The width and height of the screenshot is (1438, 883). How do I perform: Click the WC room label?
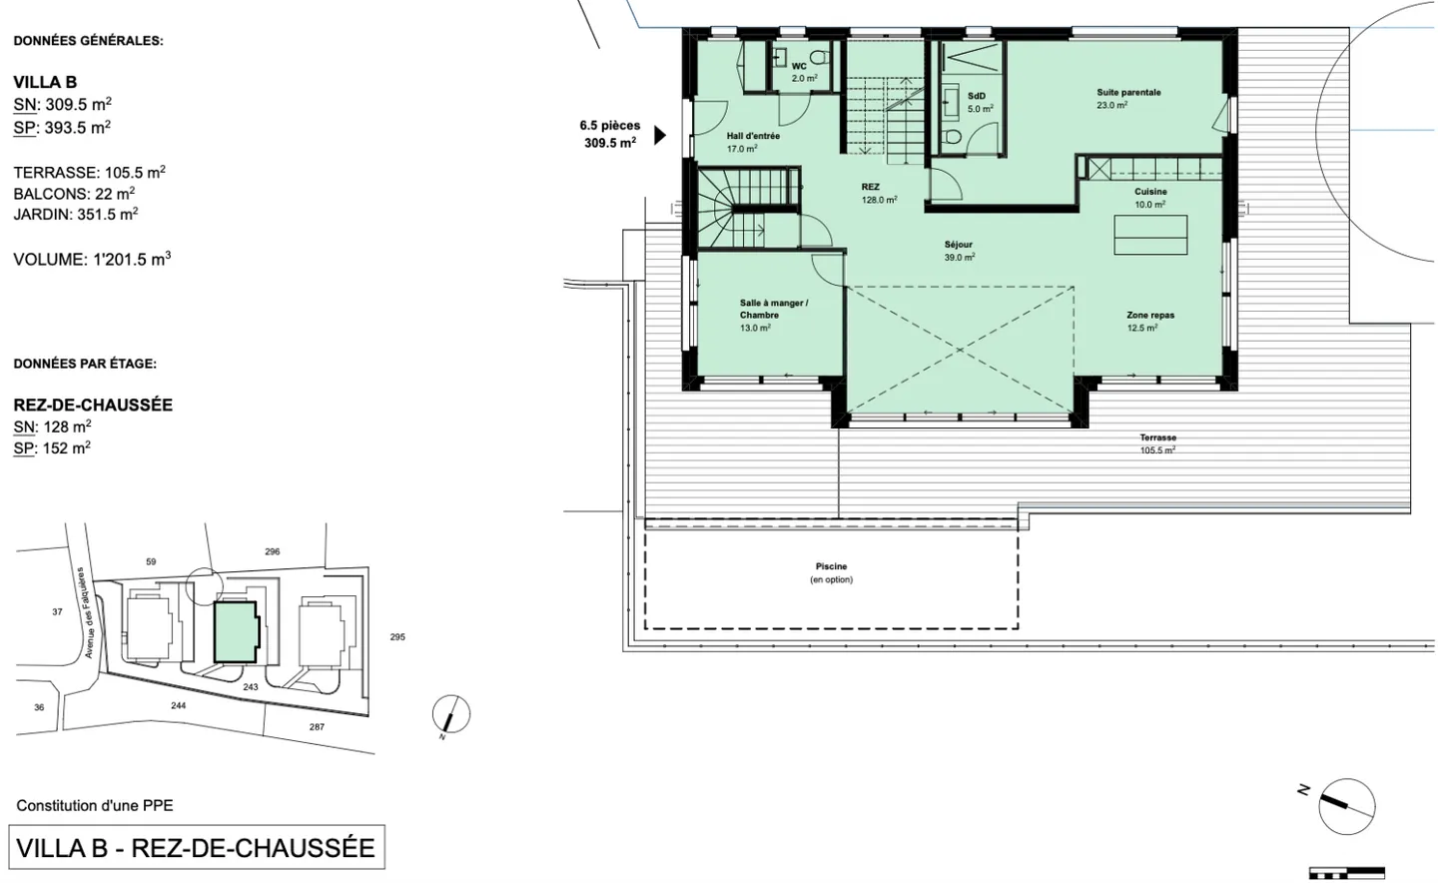(799, 66)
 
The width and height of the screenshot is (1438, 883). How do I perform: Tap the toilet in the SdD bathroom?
(953, 136)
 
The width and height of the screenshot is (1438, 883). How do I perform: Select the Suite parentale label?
(1128, 93)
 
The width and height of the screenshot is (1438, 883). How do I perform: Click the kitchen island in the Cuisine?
(1150, 235)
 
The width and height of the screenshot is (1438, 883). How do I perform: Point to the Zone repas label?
(1150, 316)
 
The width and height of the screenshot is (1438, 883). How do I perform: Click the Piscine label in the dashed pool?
(831, 566)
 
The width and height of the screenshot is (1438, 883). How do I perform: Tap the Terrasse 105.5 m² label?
(1158, 443)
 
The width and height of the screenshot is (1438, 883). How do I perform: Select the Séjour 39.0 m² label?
(959, 251)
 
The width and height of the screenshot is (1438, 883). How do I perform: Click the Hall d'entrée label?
(753, 136)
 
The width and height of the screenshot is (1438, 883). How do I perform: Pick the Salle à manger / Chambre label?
(774, 309)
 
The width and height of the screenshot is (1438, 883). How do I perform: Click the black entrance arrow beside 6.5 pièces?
(660, 136)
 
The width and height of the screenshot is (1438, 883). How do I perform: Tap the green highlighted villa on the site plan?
(237, 632)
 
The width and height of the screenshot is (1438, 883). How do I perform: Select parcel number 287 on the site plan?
(317, 727)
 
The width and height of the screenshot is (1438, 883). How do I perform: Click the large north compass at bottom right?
(1347, 806)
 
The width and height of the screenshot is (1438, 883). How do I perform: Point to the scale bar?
(1347, 873)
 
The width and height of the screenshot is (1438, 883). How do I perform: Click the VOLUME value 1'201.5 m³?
(132, 260)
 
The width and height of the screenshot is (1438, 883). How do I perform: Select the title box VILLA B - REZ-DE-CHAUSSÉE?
(197, 848)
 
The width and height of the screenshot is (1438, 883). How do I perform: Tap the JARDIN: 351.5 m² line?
(76, 214)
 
